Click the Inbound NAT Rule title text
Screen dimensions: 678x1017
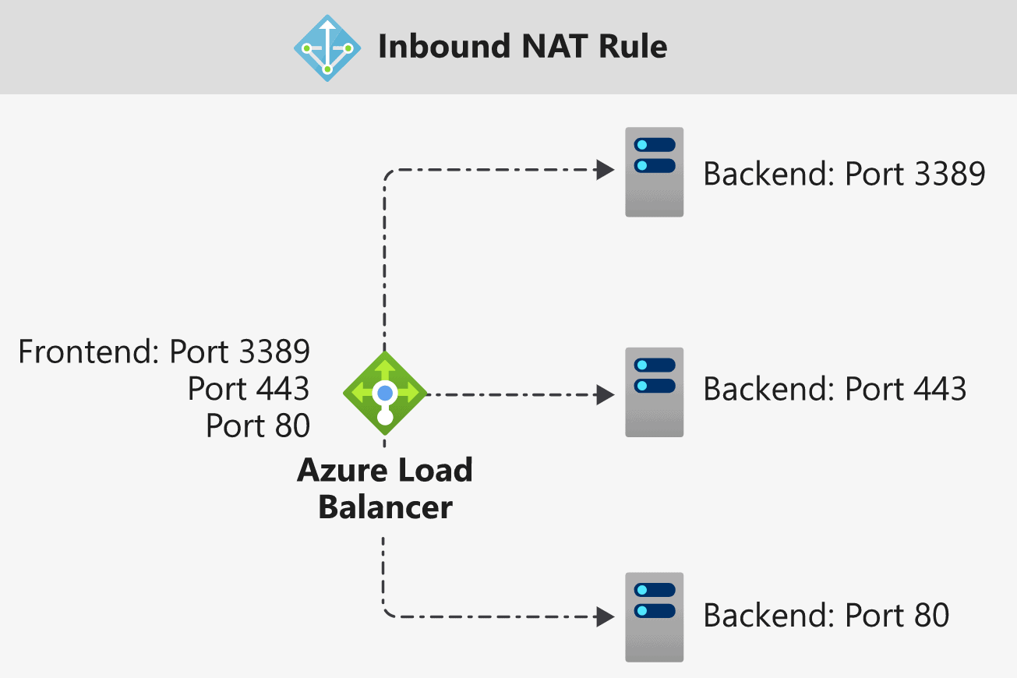pos(522,47)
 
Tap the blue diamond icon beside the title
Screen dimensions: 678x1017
pos(327,47)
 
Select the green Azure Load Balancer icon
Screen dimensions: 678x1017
pos(385,393)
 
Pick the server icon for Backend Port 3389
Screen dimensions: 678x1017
pos(655,172)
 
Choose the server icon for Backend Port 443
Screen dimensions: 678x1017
pos(655,392)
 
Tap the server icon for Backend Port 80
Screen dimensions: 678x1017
pos(655,617)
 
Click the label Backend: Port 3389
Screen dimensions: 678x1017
pos(844,174)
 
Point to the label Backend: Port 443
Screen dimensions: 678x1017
pos(835,389)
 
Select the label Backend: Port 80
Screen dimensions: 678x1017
pos(826,616)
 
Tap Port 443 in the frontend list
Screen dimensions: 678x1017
pos(249,389)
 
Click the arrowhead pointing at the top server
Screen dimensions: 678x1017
pos(606,169)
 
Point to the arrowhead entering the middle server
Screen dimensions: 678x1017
pos(606,394)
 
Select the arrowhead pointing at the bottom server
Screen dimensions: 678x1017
pos(606,617)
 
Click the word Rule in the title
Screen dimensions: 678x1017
pos(633,47)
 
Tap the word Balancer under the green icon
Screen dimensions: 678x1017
pos(385,507)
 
